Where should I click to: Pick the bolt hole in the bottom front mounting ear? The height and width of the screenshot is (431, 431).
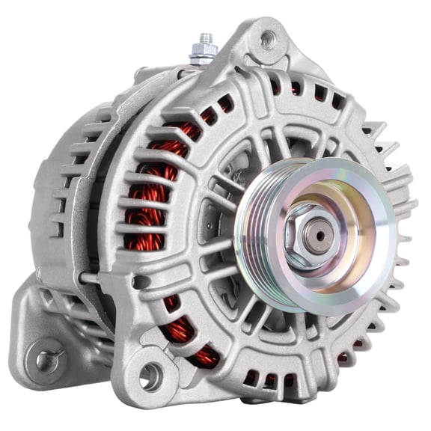pyautogui.click(x=150, y=376)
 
